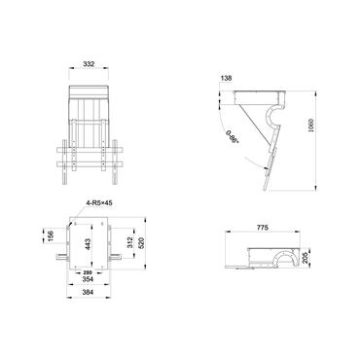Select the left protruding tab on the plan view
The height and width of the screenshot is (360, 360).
(x=60, y=258)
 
